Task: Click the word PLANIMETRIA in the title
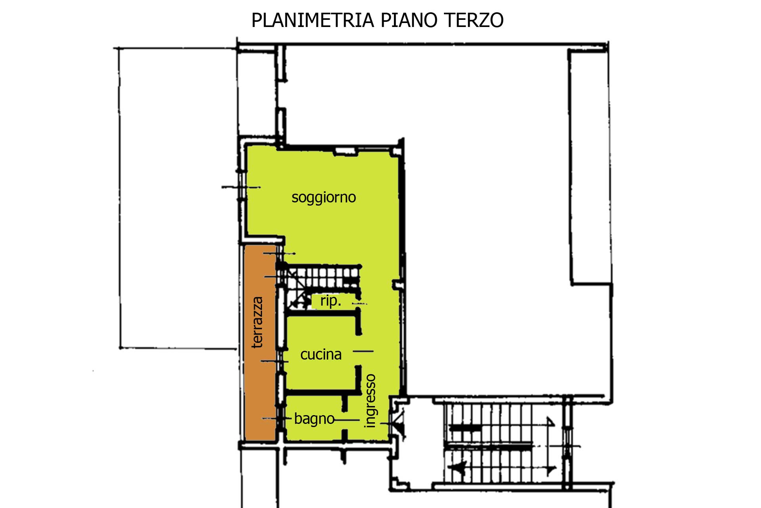[313, 20]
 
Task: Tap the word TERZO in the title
[474, 20]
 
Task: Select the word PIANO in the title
[409, 20]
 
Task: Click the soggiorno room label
[324, 198]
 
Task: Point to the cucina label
[321, 354]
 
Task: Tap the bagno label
[314, 419]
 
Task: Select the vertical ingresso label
[370, 401]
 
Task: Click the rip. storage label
[331, 301]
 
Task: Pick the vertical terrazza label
[258, 322]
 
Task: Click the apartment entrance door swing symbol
[398, 423]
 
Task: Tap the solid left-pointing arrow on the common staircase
[460, 468]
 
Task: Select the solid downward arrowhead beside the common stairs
[551, 471]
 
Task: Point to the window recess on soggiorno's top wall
[346, 150]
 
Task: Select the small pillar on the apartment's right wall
[397, 285]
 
